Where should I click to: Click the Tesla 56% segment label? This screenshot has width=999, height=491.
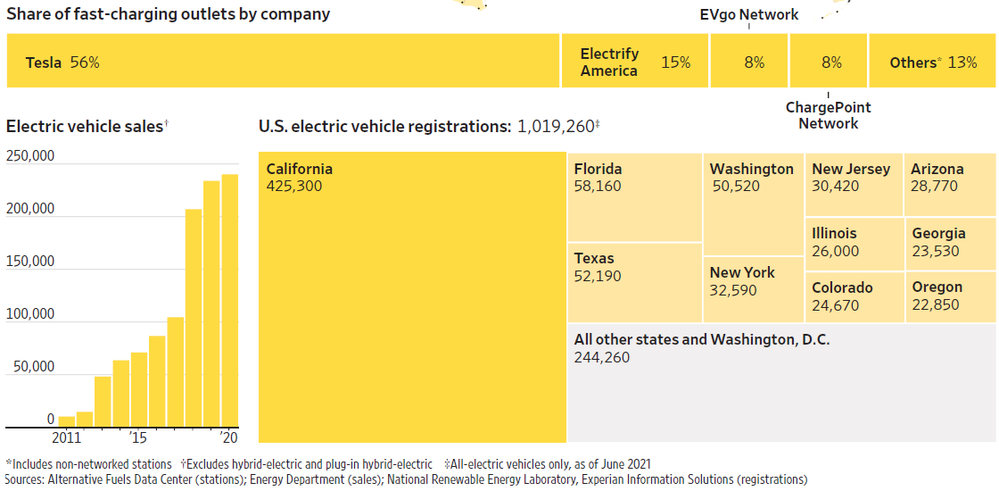[x=62, y=62]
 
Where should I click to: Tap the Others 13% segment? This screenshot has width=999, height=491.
[x=932, y=62]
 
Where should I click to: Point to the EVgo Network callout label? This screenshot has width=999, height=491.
[x=749, y=14]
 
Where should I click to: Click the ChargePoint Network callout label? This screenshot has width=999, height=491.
[x=828, y=115]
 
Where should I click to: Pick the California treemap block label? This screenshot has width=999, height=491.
[x=299, y=169]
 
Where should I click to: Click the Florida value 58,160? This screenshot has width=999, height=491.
[x=598, y=187]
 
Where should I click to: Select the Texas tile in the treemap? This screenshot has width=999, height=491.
[x=634, y=282]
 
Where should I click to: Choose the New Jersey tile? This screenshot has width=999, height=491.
[x=854, y=184]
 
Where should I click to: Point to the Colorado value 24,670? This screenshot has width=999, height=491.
[x=836, y=305]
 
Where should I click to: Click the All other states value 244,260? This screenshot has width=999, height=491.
[x=602, y=357]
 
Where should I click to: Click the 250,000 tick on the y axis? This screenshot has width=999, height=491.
[x=30, y=156]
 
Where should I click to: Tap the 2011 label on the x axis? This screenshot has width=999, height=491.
[x=66, y=437]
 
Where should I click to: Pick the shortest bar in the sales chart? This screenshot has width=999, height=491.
[x=67, y=421]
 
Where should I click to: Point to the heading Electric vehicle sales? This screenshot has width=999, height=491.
[x=85, y=126]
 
